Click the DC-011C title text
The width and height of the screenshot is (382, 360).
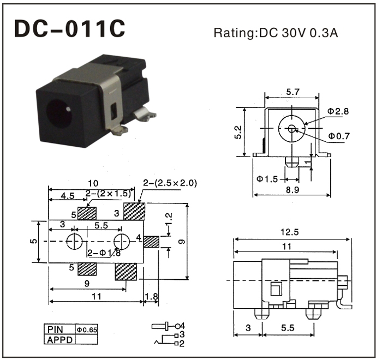[70, 30]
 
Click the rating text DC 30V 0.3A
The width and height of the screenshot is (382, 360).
[276, 33]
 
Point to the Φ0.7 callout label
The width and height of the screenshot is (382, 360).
[339, 136]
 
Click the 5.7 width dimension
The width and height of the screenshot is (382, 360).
[292, 92]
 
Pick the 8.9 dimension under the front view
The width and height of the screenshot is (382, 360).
[292, 190]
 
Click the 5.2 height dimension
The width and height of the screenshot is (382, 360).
[238, 132]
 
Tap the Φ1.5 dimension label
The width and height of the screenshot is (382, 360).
[267, 178]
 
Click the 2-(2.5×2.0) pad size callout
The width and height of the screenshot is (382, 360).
[170, 183]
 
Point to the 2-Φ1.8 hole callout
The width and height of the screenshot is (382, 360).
[104, 253]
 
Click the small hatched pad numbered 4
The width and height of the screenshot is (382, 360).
[151, 241]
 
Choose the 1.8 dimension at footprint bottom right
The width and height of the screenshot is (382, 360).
[151, 297]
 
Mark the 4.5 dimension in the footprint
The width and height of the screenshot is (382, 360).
[68, 195]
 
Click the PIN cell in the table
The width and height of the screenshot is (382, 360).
[56, 329]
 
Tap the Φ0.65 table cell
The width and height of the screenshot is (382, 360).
[87, 329]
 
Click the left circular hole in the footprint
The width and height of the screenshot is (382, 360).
[73, 241]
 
